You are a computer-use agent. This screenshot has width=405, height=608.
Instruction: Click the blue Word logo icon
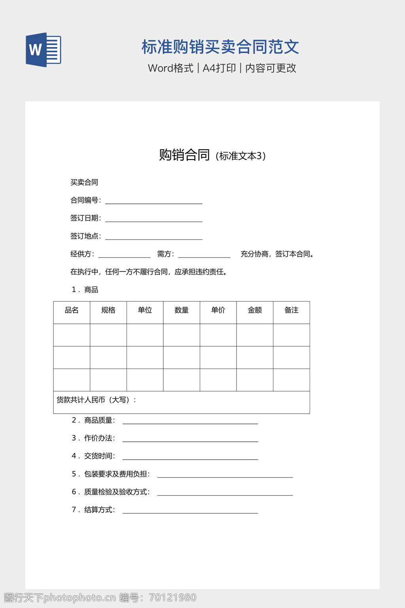44,50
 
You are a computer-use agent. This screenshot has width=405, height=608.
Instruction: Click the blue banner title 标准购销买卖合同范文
220,47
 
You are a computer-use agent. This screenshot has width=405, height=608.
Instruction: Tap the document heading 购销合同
184,155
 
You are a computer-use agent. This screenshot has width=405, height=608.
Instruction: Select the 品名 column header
72,310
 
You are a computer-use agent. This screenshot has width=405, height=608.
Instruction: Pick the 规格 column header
108,310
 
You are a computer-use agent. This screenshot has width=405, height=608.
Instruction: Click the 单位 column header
145,310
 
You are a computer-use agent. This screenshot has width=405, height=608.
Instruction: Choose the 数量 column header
182,310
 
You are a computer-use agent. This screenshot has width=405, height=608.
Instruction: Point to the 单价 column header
218,310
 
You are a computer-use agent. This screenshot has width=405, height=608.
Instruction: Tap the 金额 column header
255,310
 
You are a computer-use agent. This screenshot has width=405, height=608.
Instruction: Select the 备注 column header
291,310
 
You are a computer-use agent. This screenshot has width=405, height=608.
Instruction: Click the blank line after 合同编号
153,201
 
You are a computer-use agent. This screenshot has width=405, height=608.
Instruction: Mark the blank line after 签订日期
153,219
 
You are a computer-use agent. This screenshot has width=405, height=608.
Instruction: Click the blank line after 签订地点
153,237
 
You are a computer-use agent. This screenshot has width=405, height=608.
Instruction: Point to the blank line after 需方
204,255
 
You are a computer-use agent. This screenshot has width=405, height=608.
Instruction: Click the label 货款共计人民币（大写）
96,400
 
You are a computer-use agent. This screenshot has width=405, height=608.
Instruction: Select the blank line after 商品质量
190,422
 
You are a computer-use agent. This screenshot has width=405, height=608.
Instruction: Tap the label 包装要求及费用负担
117,474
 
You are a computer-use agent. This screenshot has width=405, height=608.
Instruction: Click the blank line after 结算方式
190,511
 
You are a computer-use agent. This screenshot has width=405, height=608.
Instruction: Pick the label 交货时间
99,456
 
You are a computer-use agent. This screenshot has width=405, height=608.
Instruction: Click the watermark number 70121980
173,598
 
